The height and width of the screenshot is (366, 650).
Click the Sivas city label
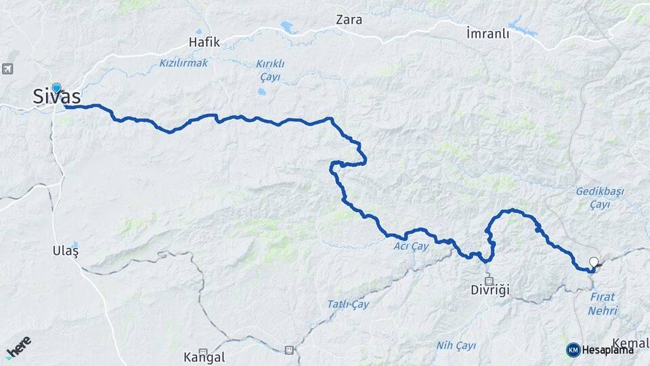tap(57, 98)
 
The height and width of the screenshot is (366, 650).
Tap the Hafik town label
tap(204, 42)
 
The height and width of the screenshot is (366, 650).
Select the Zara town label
tap(349, 20)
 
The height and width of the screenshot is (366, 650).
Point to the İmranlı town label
tap(487, 33)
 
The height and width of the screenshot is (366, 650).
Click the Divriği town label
tap(490, 290)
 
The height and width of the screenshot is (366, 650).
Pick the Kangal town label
tap(204, 357)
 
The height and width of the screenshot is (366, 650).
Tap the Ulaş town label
tap(66, 251)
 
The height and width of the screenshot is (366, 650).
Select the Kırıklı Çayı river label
tap(269, 68)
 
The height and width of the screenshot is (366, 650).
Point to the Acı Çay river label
tap(412, 246)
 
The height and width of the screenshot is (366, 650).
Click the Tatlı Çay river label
tap(347, 304)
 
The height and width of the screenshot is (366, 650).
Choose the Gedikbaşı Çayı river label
tap(599, 198)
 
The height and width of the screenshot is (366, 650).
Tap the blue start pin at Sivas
tap(56, 87)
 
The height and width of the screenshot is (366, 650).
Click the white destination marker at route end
tap(594, 262)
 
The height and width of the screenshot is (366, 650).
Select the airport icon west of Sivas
tap(7, 68)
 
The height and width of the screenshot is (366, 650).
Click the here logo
tap(18, 347)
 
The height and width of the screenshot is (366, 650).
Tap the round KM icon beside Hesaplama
tap(573, 350)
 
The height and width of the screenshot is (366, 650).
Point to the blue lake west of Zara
tap(288, 28)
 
